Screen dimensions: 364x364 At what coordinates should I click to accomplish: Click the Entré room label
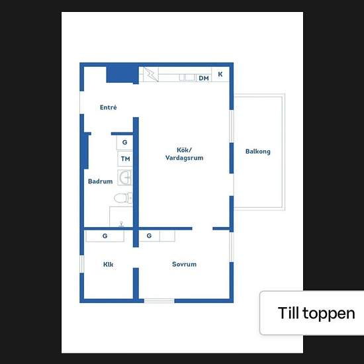(x=108, y=107)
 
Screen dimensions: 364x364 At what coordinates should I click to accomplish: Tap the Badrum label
(x=101, y=181)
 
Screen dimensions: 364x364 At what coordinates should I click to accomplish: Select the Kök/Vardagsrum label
(x=184, y=154)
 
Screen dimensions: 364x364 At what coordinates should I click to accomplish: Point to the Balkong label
(x=258, y=152)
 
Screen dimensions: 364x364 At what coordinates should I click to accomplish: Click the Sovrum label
(x=184, y=264)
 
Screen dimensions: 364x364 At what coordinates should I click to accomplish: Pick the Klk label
(x=108, y=264)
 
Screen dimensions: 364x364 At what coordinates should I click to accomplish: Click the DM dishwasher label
(x=204, y=78)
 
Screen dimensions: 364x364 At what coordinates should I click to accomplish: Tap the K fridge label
(x=220, y=74)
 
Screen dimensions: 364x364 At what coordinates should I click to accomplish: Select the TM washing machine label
(x=125, y=159)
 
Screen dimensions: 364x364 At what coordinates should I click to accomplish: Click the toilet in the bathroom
(x=123, y=198)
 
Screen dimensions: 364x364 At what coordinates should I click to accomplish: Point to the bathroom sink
(x=125, y=177)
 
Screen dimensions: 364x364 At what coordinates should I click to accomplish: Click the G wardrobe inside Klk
(x=105, y=236)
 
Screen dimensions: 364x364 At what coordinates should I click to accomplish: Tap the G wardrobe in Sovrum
(x=149, y=236)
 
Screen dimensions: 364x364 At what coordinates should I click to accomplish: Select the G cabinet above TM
(x=124, y=142)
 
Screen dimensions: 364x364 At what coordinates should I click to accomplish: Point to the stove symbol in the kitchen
(x=151, y=74)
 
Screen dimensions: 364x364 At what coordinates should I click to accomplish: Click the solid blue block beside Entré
(x=122, y=74)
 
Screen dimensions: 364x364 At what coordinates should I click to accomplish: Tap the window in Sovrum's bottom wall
(x=159, y=301)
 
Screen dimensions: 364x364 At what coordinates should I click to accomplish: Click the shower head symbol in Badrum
(x=121, y=224)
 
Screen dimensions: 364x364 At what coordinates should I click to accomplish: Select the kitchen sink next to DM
(x=187, y=77)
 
